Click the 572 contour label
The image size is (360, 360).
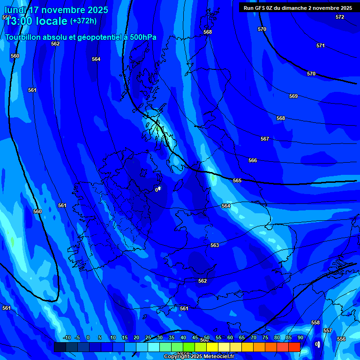(340, 17)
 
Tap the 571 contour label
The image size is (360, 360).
(320, 46)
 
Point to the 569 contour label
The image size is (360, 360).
(293, 97)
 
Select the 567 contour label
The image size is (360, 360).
(265, 139)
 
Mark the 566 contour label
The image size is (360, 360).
(253, 161)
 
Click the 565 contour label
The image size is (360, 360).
(237, 181)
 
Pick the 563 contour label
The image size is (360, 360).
(215, 246)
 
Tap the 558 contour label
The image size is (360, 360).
(315, 323)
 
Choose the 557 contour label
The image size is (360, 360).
(328, 331)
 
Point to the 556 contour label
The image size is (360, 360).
(341, 339)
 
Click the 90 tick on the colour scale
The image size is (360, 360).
(300, 338)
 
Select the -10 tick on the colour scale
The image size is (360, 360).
(67, 338)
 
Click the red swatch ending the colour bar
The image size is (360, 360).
(294, 347)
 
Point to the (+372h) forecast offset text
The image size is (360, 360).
(83, 21)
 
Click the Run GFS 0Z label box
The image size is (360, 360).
(298, 8)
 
